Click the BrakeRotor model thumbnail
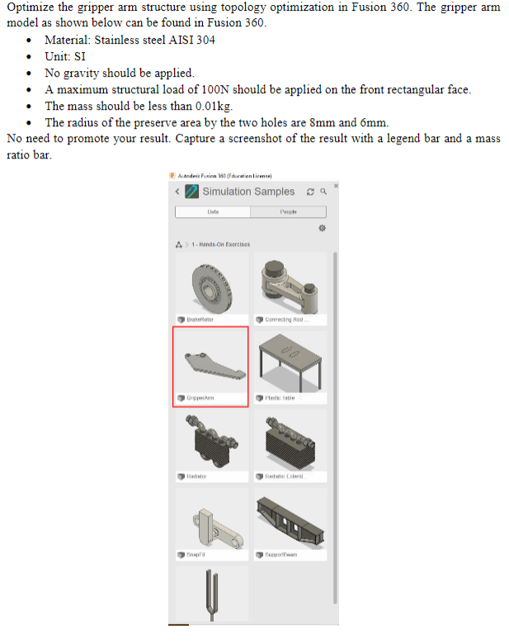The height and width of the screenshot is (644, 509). [x=211, y=284]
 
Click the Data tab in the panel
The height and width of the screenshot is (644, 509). [x=212, y=212]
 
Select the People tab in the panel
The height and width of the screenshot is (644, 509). [x=289, y=212]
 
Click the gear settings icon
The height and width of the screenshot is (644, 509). [x=322, y=227]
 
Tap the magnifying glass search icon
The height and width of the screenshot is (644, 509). [x=323, y=192]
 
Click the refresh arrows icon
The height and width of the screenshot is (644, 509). [x=310, y=192]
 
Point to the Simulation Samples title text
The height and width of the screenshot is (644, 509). [x=248, y=192]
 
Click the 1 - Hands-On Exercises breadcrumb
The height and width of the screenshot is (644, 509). [x=220, y=244]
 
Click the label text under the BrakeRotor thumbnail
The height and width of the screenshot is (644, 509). [x=195, y=320]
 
